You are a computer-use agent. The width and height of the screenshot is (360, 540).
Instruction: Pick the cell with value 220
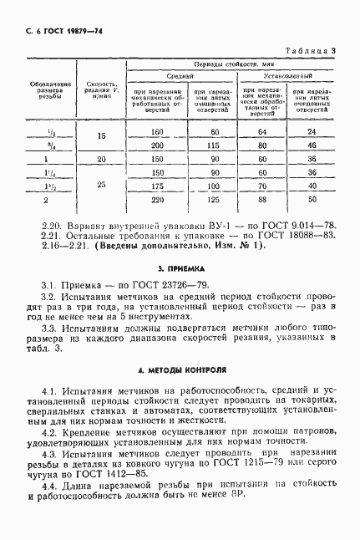(155, 200)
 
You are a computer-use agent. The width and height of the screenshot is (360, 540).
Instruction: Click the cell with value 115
(215, 145)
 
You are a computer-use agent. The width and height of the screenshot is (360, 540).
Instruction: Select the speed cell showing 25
(101, 186)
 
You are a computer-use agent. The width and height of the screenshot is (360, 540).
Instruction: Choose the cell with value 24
(312, 132)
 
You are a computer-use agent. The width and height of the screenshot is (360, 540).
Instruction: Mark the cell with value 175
(155, 186)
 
